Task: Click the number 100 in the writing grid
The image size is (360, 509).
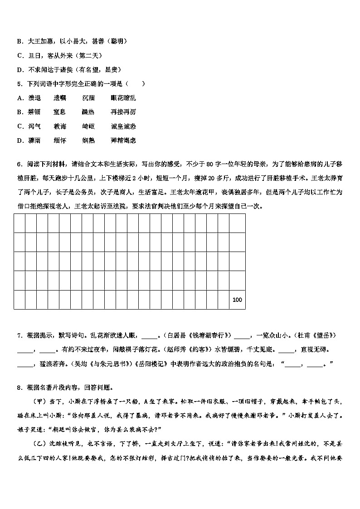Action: [x=237, y=300]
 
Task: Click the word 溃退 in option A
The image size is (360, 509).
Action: [x=34, y=98]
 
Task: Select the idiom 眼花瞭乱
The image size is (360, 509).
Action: [x=123, y=98]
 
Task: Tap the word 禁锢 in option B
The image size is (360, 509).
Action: [x=34, y=112]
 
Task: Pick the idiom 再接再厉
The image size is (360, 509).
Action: [x=123, y=112]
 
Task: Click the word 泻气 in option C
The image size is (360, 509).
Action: [x=34, y=126]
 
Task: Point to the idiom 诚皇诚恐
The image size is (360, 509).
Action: [x=123, y=126]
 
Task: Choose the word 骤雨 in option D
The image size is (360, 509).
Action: [x=34, y=141]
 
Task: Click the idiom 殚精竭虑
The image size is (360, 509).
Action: [x=123, y=141]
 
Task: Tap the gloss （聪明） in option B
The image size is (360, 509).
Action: [x=116, y=41]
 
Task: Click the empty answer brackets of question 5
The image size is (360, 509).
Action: [x=136, y=84]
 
